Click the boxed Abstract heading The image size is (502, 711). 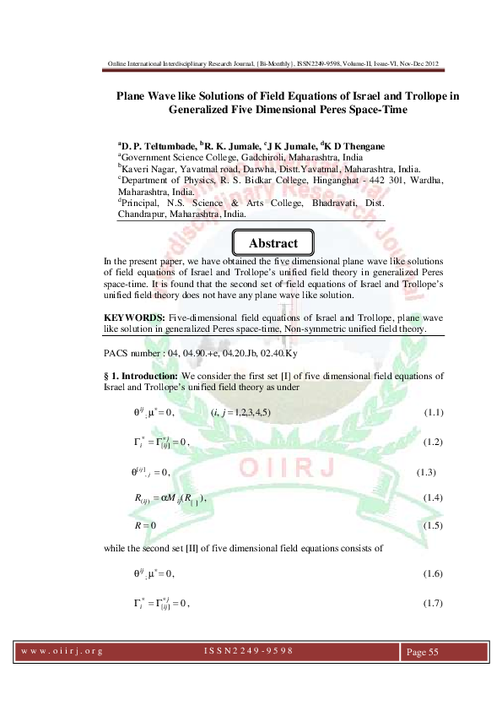coord(273,243)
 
